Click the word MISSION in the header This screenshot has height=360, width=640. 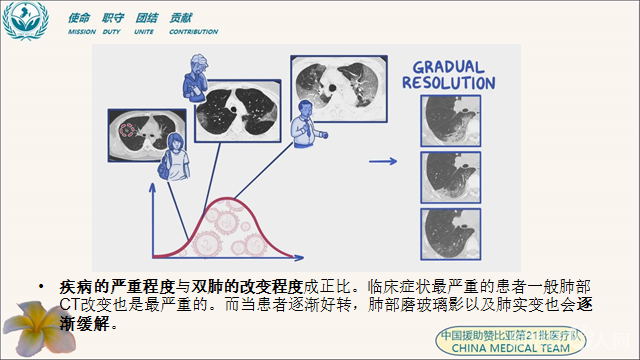click(82, 32)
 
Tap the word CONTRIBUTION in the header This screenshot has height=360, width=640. click(193, 32)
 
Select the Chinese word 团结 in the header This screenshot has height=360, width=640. click(148, 18)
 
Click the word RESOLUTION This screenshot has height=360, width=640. click(447, 83)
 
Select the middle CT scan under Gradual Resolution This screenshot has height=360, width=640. click(448, 174)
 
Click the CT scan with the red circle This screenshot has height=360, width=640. click(137, 132)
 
